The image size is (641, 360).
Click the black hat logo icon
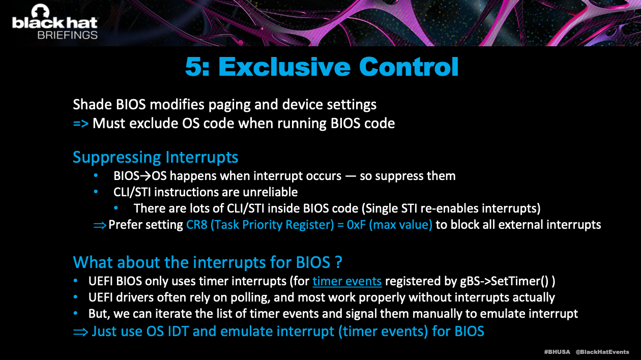pos(40,11)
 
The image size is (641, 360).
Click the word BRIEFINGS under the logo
pos(68,35)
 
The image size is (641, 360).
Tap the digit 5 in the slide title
pos(194,67)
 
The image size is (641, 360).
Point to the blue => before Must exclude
pos(81,124)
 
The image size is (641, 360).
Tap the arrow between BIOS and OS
pos(145,176)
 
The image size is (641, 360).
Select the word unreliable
pos(270,192)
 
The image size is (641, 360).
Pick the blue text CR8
pos(197,225)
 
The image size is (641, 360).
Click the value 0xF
pos(356,225)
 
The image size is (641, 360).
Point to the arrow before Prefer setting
pos(100,225)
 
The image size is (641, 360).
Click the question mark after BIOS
pos(338,262)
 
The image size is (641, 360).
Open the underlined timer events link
pos(347,281)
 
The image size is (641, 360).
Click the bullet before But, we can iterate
pos(75,313)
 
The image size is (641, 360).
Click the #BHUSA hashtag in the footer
pos(557,352)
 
